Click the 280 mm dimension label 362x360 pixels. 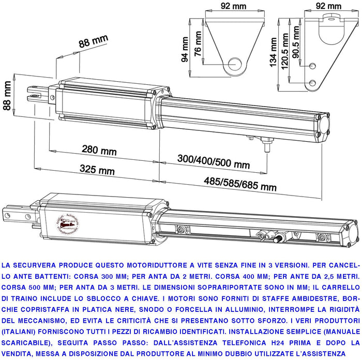(99, 150)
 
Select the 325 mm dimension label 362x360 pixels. (97, 170)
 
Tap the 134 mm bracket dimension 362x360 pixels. (274, 53)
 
